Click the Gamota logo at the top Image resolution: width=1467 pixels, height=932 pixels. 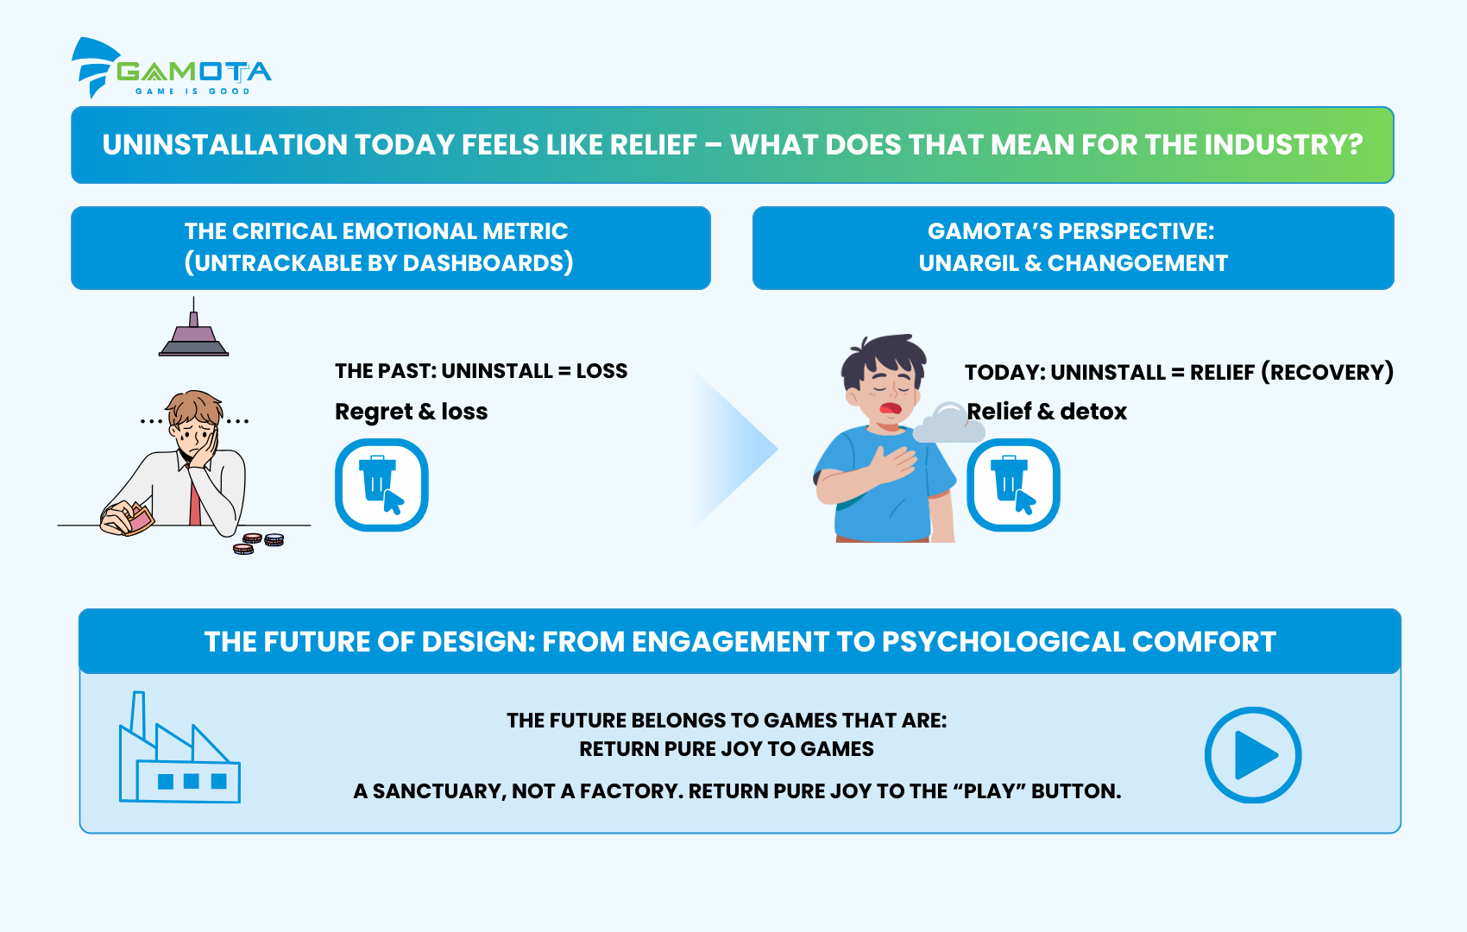172,68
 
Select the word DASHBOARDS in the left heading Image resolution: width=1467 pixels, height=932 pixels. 483,263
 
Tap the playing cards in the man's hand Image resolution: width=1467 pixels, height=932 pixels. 140,518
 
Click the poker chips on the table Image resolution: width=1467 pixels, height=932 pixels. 259,544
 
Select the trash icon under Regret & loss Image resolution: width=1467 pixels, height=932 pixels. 381,485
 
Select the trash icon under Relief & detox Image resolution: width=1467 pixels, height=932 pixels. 1013,485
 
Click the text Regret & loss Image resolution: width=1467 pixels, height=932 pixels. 412,412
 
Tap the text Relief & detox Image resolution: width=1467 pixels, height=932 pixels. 1047,412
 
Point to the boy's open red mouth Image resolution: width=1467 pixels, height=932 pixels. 890,409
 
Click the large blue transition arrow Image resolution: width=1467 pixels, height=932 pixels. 733,450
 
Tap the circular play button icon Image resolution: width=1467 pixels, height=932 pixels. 1253,755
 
